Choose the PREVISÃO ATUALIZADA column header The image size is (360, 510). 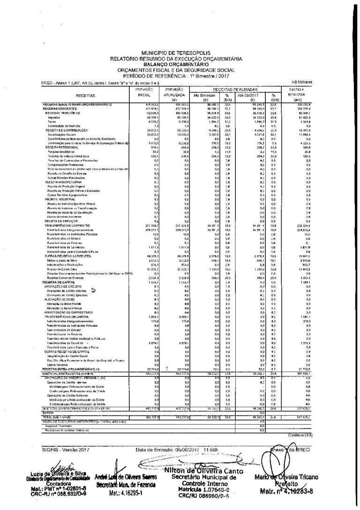173,94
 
